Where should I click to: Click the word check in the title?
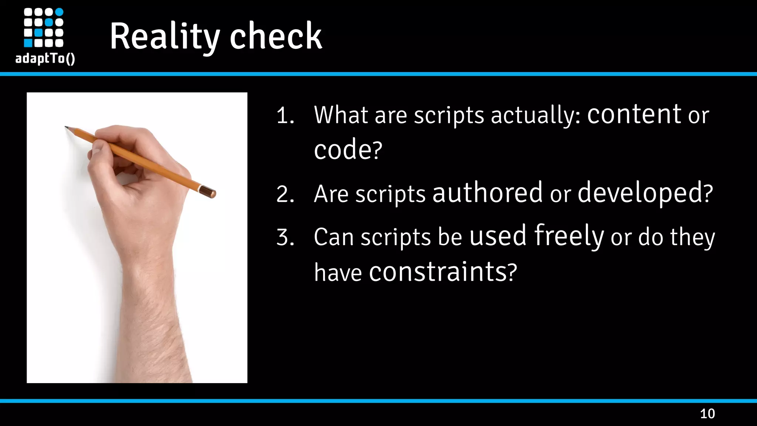[x=276, y=36]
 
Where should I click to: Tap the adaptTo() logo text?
[x=45, y=58]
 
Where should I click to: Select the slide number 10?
[x=707, y=413]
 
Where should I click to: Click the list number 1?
[x=285, y=115]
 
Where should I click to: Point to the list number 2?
[x=285, y=194]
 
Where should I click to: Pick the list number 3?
[x=285, y=237]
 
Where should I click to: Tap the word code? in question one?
[x=348, y=150]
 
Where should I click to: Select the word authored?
[x=487, y=193]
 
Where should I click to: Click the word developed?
[x=645, y=193]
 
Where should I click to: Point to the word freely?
[x=569, y=236]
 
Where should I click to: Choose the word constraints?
[x=443, y=272]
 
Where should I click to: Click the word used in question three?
[x=498, y=236]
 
